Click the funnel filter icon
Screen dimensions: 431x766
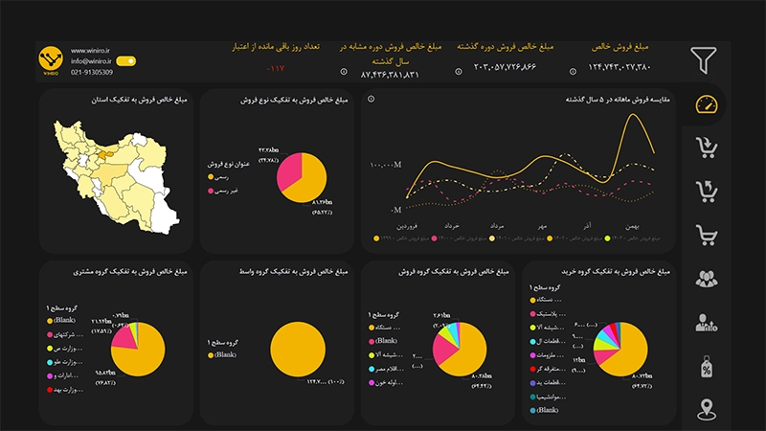tap(704, 60)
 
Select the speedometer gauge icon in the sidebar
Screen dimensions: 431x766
tap(705, 104)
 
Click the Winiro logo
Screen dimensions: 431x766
tap(50, 60)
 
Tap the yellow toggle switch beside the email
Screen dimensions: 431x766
tap(125, 60)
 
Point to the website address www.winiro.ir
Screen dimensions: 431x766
tap(91, 49)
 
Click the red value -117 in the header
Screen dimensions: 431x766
tap(276, 68)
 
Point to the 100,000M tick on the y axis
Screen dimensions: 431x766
tap(386, 166)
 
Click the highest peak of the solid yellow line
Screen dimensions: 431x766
tap(632, 115)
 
